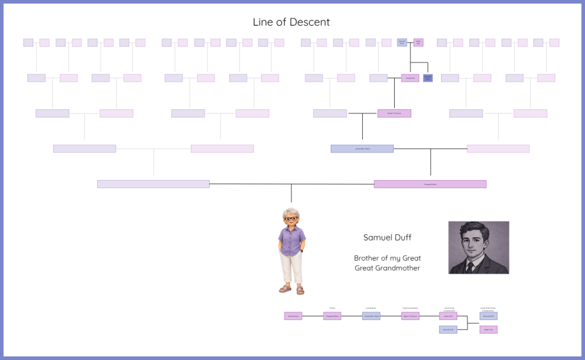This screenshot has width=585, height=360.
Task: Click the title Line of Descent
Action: [291, 22]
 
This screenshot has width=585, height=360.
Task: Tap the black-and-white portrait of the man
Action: [479, 247]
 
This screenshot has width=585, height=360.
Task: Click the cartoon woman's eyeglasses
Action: [291, 219]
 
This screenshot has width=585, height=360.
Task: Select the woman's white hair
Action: [291, 211]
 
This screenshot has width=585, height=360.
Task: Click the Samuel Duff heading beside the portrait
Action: [387, 237]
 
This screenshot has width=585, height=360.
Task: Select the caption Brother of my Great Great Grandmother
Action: [387, 263]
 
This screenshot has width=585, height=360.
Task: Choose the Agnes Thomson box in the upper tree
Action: [394, 113]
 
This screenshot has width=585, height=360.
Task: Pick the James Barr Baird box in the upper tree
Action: [362, 149]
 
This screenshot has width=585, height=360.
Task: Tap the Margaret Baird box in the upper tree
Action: [430, 184]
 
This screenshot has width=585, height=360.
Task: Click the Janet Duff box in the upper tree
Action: [410, 78]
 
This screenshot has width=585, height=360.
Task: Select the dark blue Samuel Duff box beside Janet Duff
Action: [428, 78]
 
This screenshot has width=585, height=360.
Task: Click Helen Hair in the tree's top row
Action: [418, 42]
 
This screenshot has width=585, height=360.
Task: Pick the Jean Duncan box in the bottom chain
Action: [293, 316]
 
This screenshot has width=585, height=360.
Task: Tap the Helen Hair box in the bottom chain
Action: [488, 329]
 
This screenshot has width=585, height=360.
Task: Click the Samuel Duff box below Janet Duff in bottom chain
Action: [448, 329]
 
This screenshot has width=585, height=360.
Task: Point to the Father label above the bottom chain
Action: [332, 308]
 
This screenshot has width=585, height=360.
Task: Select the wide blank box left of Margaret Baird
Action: [153, 184]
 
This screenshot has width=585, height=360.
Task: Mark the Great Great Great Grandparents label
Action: [488, 309]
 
